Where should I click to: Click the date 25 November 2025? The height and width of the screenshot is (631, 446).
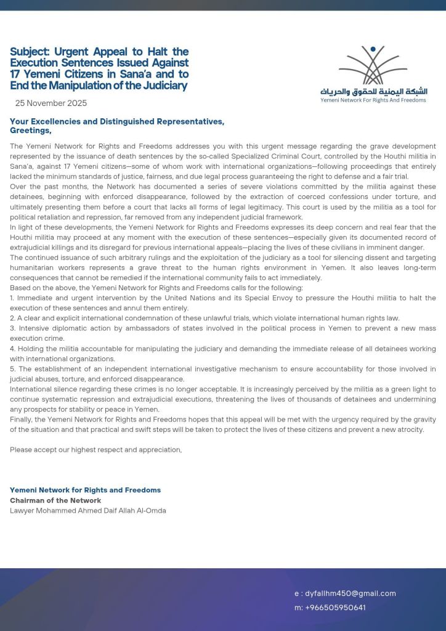click(x=51, y=103)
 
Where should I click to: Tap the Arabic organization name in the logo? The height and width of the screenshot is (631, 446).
click(x=373, y=91)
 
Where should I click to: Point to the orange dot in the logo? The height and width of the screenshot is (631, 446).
click(x=372, y=49)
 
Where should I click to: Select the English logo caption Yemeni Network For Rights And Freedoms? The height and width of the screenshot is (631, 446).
click(x=373, y=100)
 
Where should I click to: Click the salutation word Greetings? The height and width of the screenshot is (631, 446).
click(x=30, y=131)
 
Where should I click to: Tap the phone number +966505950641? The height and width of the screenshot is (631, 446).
click(x=334, y=608)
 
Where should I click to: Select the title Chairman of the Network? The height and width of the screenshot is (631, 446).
click(x=55, y=500)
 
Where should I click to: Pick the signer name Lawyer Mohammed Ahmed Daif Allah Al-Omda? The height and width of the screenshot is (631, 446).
click(x=87, y=510)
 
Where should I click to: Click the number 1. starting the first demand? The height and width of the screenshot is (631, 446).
click(x=12, y=298)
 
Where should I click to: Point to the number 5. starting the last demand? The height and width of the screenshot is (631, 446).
click(x=12, y=369)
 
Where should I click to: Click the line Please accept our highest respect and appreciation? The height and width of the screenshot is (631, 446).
click(x=95, y=450)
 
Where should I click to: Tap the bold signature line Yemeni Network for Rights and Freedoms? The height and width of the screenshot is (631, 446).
click(x=85, y=490)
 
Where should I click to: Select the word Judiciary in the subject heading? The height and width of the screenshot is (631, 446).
click(x=160, y=86)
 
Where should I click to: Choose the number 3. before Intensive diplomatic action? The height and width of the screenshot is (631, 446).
click(x=12, y=328)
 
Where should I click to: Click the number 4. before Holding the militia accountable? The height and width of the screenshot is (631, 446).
click(x=12, y=349)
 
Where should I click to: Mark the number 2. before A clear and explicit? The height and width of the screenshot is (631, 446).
click(x=12, y=319)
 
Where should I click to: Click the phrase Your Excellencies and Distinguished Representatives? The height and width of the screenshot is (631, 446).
click(x=117, y=121)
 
